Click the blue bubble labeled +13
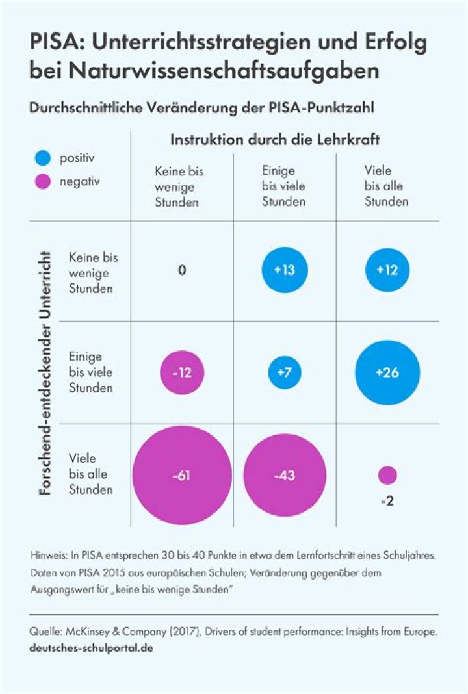(285, 270)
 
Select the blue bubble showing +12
(387, 270)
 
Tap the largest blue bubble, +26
(387, 373)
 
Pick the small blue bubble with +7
(285, 373)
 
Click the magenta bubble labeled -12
(182, 373)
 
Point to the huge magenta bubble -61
(182, 475)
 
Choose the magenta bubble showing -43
(285, 475)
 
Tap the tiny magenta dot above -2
(387, 475)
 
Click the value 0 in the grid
(182, 270)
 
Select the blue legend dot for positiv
(44, 158)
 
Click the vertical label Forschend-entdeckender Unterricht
(45, 373)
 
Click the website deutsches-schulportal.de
(92, 648)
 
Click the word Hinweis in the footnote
(47, 557)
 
